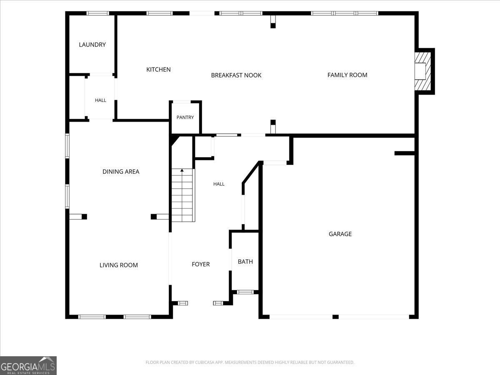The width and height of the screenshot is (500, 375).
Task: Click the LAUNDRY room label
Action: pyautogui.click(x=92, y=45)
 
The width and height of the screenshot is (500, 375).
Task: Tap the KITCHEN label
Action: pyautogui.click(x=158, y=70)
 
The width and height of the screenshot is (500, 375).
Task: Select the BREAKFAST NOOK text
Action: pyautogui.click(x=236, y=75)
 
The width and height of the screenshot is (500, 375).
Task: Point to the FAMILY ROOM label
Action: pyautogui.click(x=347, y=75)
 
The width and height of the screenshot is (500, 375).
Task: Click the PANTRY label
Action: pyautogui.click(x=185, y=117)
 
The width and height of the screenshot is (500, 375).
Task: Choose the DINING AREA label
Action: pyautogui.click(x=121, y=171)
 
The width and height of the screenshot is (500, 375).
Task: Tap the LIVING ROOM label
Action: pyautogui.click(x=118, y=265)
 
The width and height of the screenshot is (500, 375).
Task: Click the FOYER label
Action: pyautogui.click(x=201, y=264)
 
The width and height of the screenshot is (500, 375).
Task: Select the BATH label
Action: pyautogui.click(x=245, y=262)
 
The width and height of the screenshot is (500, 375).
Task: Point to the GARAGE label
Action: pyautogui.click(x=340, y=234)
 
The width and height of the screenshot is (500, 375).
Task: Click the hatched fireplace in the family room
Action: pyautogui.click(x=423, y=71)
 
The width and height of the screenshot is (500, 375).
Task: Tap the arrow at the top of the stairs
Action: pyautogui.click(x=182, y=170)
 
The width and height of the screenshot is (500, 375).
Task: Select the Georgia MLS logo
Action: pyautogui.click(x=28, y=365)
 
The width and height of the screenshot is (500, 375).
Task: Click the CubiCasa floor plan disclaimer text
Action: pyautogui.click(x=250, y=362)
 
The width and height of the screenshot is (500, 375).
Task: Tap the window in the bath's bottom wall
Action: pyautogui.click(x=245, y=292)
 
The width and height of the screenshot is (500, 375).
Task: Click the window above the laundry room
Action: pyautogui.click(x=98, y=13)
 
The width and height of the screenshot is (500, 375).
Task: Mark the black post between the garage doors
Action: pyautogui.click(x=335, y=317)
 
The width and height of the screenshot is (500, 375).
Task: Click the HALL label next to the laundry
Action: pyautogui.click(x=100, y=100)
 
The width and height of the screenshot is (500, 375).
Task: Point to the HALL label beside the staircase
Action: pyautogui.click(x=219, y=184)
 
